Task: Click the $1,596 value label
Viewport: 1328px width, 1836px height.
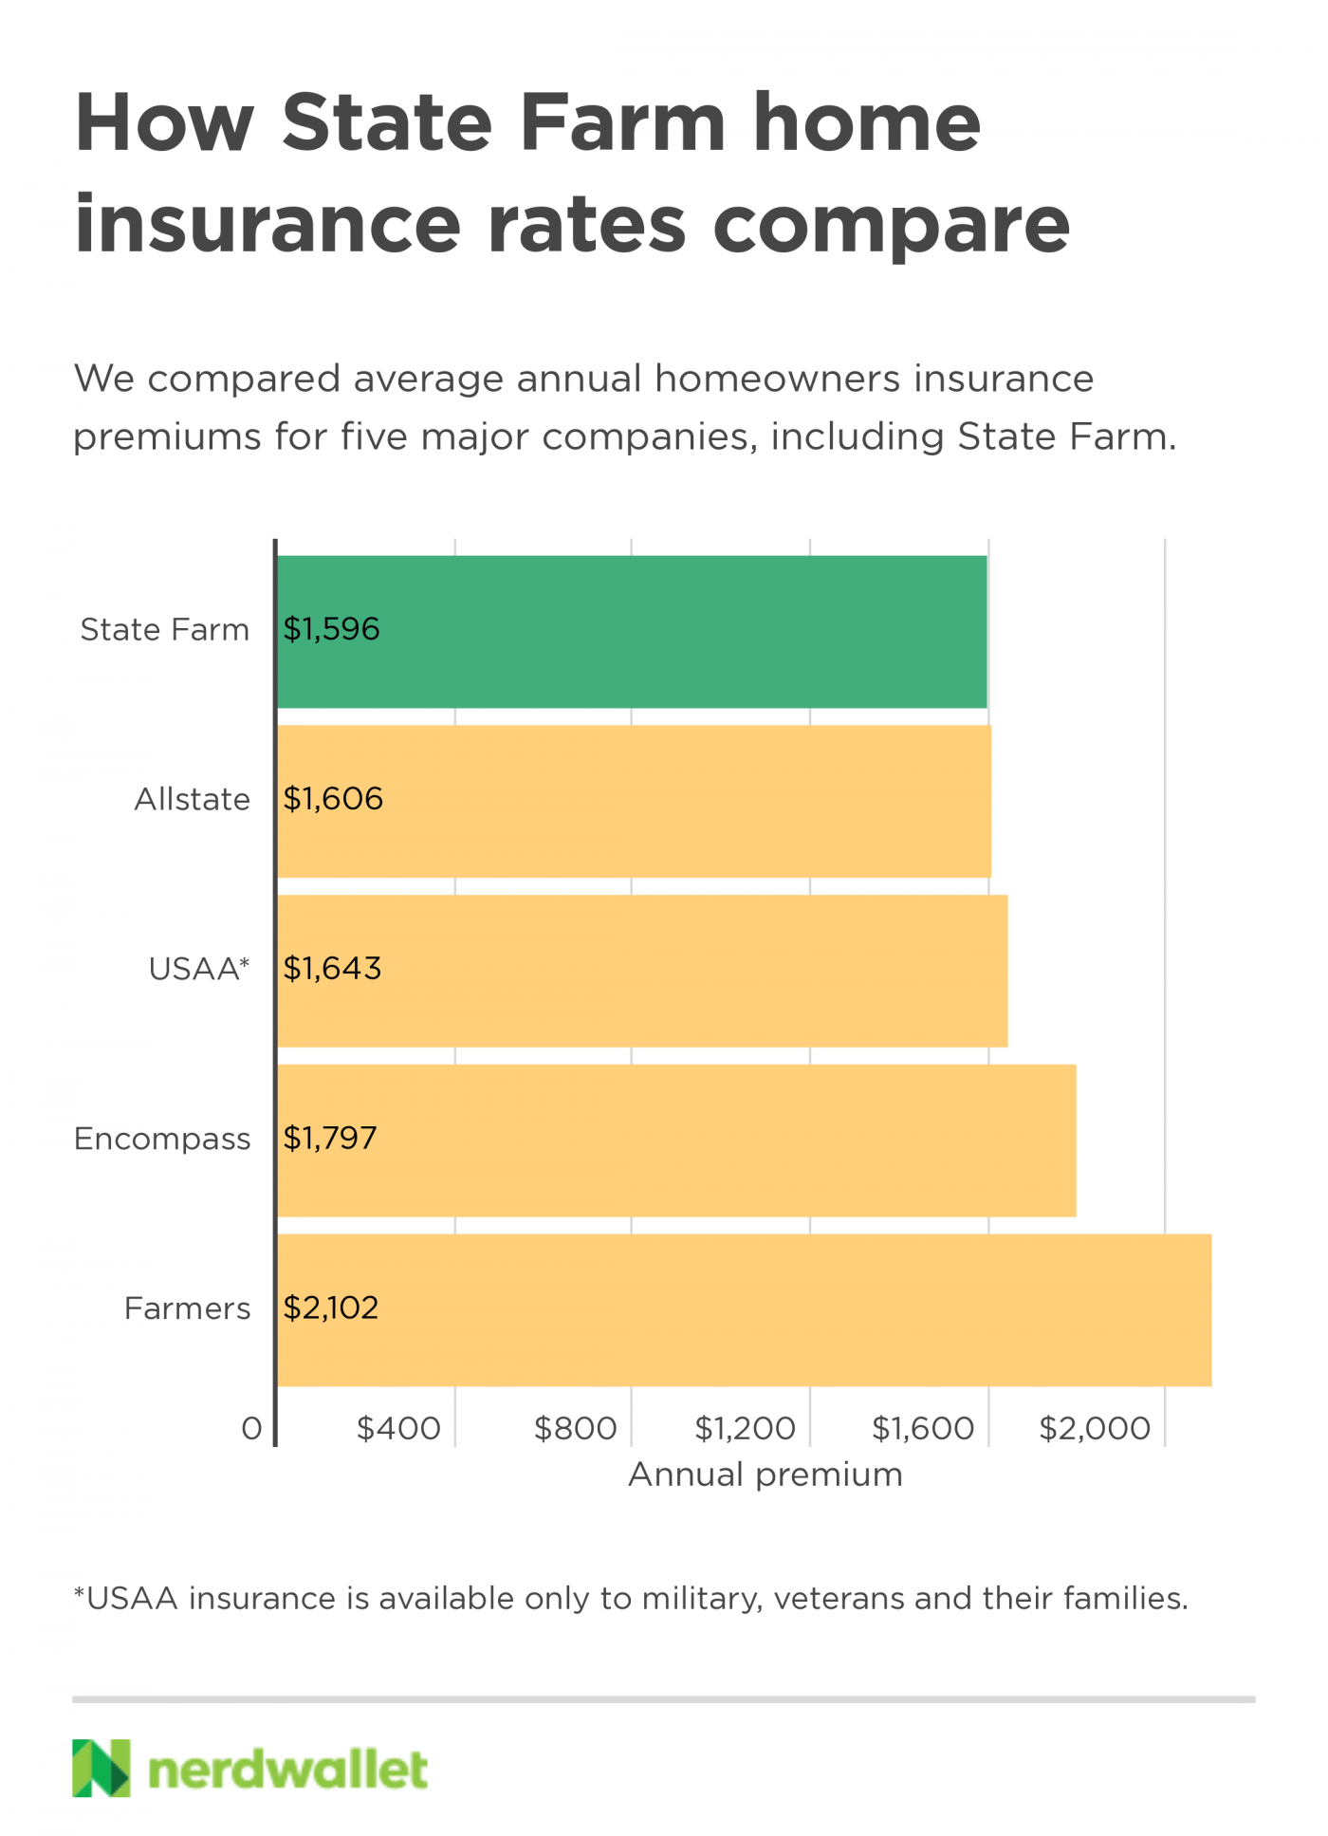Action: [331, 629]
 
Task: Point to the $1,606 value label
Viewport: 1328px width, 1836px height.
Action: [333, 799]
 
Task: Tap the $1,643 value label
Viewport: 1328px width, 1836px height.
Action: [332, 969]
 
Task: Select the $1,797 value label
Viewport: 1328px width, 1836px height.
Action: [330, 1138]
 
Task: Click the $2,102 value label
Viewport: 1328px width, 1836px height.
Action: [331, 1307]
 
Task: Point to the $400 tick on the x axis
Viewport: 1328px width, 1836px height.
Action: [398, 1428]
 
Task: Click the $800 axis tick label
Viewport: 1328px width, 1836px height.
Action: [575, 1428]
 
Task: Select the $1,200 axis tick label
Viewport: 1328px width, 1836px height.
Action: [745, 1428]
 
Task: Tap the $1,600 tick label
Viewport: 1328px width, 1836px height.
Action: [923, 1428]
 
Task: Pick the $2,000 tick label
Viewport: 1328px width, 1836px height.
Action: [1095, 1428]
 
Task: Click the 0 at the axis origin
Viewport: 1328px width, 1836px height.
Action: [251, 1428]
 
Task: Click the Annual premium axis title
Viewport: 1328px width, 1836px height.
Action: [765, 1474]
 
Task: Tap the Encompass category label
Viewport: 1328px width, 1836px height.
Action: [162, 1139]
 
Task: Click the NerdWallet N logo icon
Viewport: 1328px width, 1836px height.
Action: [101, 1768]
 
